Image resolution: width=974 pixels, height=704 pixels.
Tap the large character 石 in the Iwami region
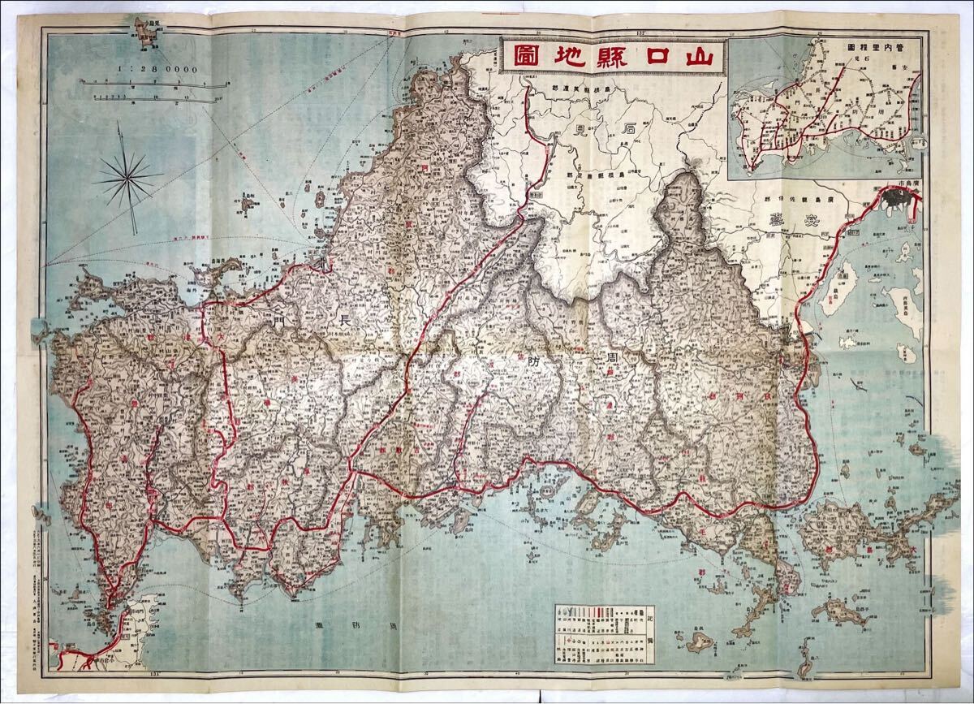pyautogui.click(x=629, y=127)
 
